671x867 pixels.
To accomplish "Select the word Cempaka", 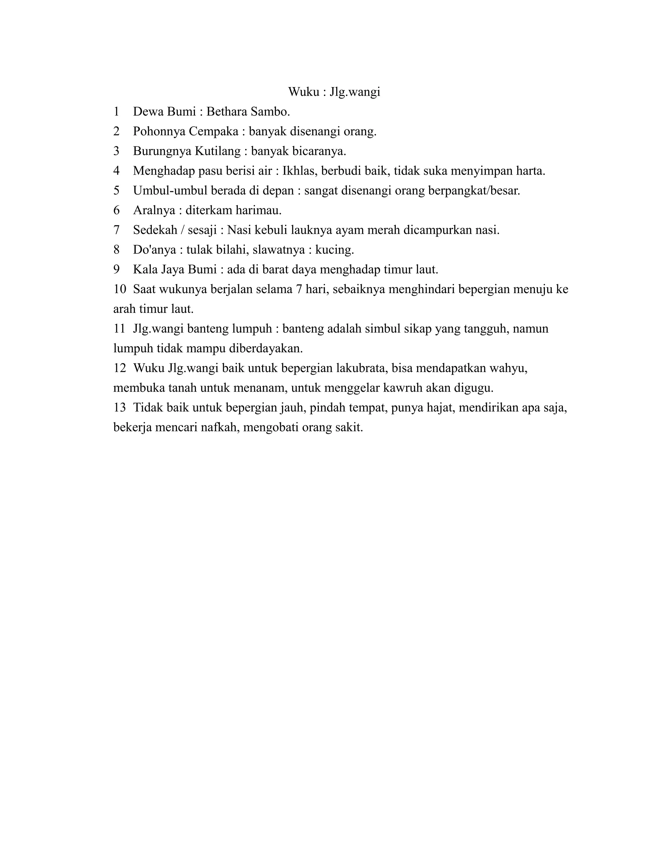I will coord(214,131).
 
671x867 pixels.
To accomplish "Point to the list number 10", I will coord(120,290).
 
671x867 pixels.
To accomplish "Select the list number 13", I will coord(120,408).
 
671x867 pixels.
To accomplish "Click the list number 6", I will coord(116,210).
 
